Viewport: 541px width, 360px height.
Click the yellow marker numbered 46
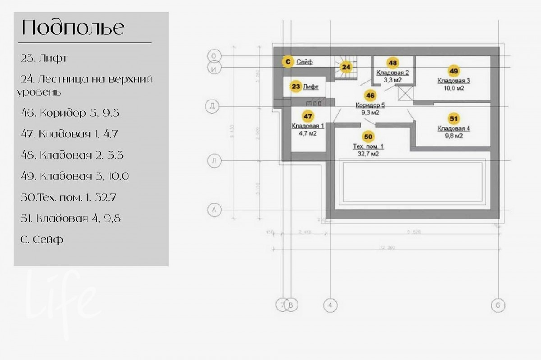coord(371,96)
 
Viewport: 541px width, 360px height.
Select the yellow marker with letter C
coord(287,62)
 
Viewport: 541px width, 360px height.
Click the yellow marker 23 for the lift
coord(295,87)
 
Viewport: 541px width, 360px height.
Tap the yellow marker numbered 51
coord(454,118)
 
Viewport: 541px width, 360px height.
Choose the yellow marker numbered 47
coord(308,116)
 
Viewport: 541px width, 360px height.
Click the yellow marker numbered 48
coord(393,63)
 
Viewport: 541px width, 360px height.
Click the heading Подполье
coord(73,28)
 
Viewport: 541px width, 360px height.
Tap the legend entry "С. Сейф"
coord(42,239)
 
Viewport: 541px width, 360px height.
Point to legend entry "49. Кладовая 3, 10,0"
coord(75,176)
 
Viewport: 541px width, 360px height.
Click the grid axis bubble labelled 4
coord(330,305)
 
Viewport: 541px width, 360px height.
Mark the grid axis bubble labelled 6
coord(498,305)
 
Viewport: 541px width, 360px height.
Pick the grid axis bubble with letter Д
coord(213,106)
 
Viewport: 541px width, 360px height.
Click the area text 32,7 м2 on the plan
coord(368,154)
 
